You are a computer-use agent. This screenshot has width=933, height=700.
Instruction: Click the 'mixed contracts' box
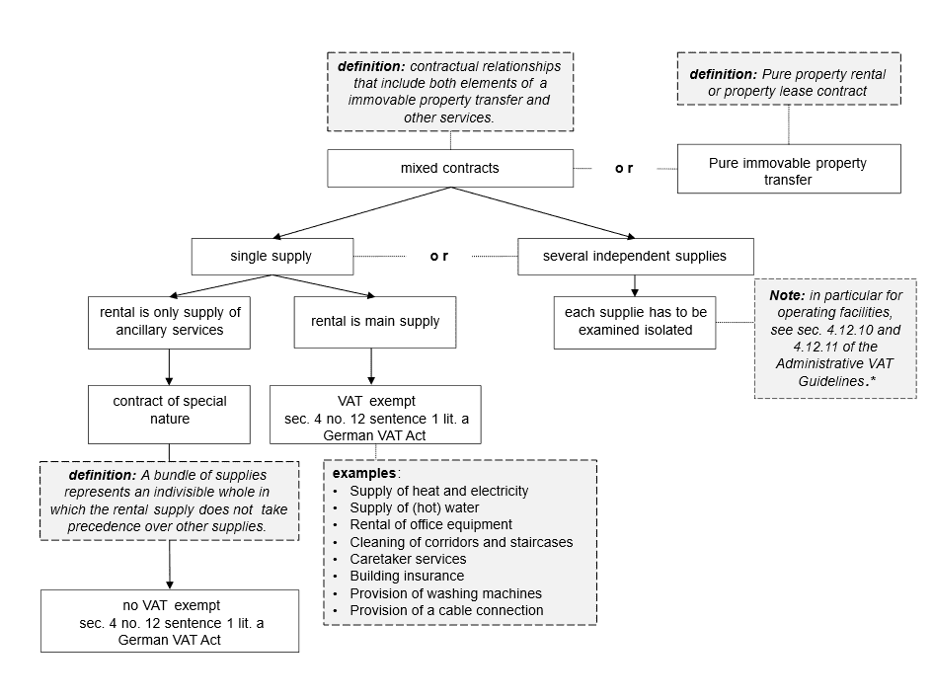tap(449, 168)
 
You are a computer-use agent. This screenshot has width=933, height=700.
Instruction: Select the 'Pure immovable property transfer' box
tap(788, 169)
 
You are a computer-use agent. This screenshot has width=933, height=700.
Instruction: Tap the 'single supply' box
tap(271, 257)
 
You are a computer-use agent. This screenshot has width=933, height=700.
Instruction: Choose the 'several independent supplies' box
tap(635, 257)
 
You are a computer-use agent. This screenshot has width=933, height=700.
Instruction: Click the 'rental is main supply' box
tap(374, 321)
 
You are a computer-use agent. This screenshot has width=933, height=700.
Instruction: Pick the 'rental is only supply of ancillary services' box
tap(171, 321)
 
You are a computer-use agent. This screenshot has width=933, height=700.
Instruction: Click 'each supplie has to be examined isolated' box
tap(634, 321)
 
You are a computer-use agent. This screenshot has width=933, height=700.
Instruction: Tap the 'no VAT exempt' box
tap(170, 620)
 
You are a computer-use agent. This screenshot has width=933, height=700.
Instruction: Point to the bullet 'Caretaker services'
tap(407, 559)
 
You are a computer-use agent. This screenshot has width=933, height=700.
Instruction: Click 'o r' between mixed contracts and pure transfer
tap(624, 169)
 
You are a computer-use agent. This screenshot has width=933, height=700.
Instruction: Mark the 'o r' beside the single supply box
tap(438, 257)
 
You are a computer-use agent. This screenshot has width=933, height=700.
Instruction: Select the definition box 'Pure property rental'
tap(788, 82)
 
